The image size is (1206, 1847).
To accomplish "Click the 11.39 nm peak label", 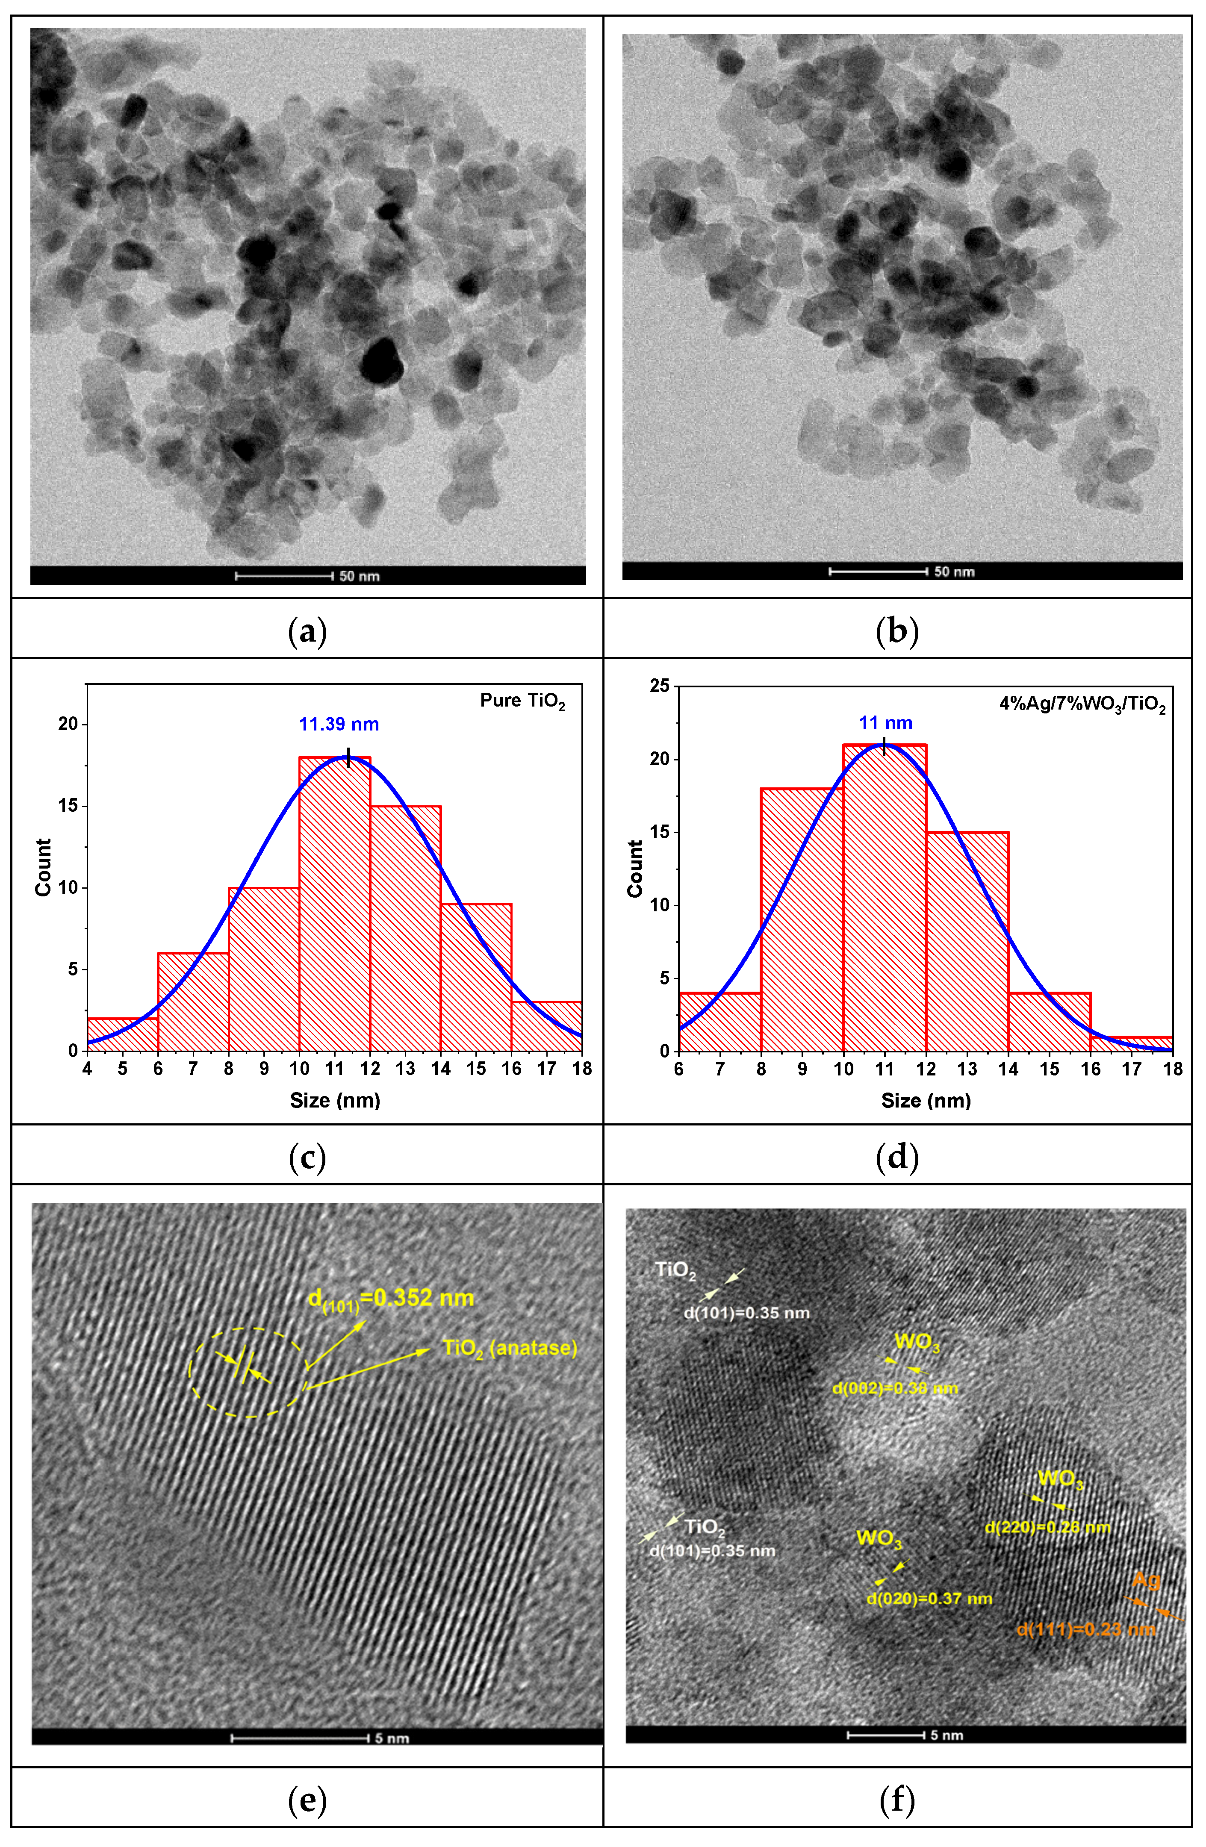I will click(339, 724).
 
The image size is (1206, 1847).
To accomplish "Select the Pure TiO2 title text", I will click(522, 701).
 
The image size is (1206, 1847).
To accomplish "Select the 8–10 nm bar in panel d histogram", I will click(802, 919).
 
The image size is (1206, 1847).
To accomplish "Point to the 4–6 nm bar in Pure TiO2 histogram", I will click(123, 1034).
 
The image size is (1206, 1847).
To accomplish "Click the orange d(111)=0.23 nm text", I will click(1086, 1629).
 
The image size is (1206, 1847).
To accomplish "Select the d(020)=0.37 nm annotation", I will click(929, 1599).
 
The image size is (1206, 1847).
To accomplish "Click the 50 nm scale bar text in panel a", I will click(359, 576).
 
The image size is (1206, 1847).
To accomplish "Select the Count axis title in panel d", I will click(635, 869).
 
